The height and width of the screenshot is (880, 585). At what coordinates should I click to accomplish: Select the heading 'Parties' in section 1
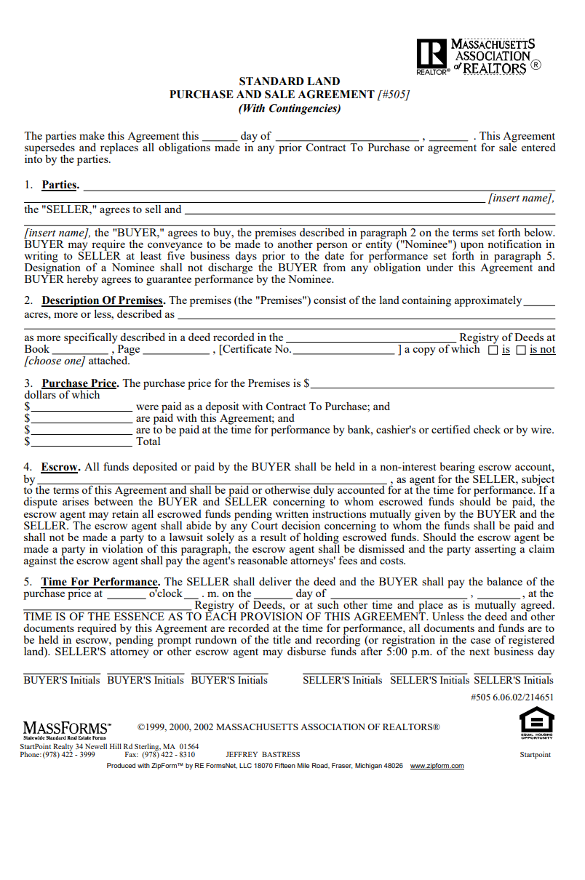coord(59,185)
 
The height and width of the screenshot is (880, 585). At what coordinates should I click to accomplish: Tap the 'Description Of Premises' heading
coord(102,300)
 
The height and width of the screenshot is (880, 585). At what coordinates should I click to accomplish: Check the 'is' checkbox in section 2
coord(493,351)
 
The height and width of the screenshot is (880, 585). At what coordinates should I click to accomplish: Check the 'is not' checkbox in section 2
coord(520,351)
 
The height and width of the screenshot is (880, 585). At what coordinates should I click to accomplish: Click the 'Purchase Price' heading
coord(79,383)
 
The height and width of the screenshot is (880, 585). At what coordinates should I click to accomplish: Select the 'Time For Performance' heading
coord(100,582)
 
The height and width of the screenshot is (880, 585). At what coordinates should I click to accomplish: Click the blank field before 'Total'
coord(81,441)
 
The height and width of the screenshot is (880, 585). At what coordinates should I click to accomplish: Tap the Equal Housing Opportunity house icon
coord(536,721)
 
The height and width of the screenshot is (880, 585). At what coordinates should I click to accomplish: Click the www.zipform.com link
coord(437,766)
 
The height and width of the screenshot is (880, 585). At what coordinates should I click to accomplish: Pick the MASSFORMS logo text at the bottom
coord(67,728)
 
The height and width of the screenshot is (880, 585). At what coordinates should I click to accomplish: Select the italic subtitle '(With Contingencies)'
coord(290,108)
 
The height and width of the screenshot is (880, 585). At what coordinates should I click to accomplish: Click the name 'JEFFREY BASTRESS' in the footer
coord(263,755)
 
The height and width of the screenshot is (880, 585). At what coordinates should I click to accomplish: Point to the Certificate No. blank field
coord(343,350)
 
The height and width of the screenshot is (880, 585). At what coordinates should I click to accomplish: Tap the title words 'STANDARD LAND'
coord(290,81)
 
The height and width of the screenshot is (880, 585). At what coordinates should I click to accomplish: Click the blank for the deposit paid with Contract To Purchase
coord(81,407)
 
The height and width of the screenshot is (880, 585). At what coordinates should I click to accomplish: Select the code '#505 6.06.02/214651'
coord(512,697)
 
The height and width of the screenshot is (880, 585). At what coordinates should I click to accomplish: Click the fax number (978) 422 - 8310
coord(169,755)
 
